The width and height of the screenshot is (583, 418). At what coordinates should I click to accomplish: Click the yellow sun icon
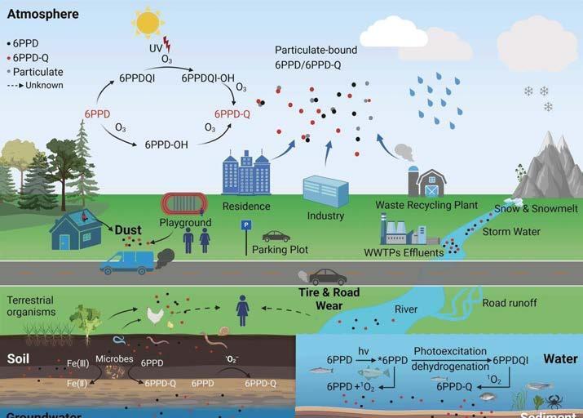pos(148,21)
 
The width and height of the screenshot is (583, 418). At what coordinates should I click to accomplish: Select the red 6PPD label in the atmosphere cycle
pos(98,113)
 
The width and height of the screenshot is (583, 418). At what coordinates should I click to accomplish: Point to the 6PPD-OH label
pos(167,145)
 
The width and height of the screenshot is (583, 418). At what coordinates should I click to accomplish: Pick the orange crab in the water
pos(554,401)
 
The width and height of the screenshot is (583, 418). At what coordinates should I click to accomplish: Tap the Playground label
pos(185,222)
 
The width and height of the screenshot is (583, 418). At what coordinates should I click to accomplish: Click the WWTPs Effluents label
pos(405,252)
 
